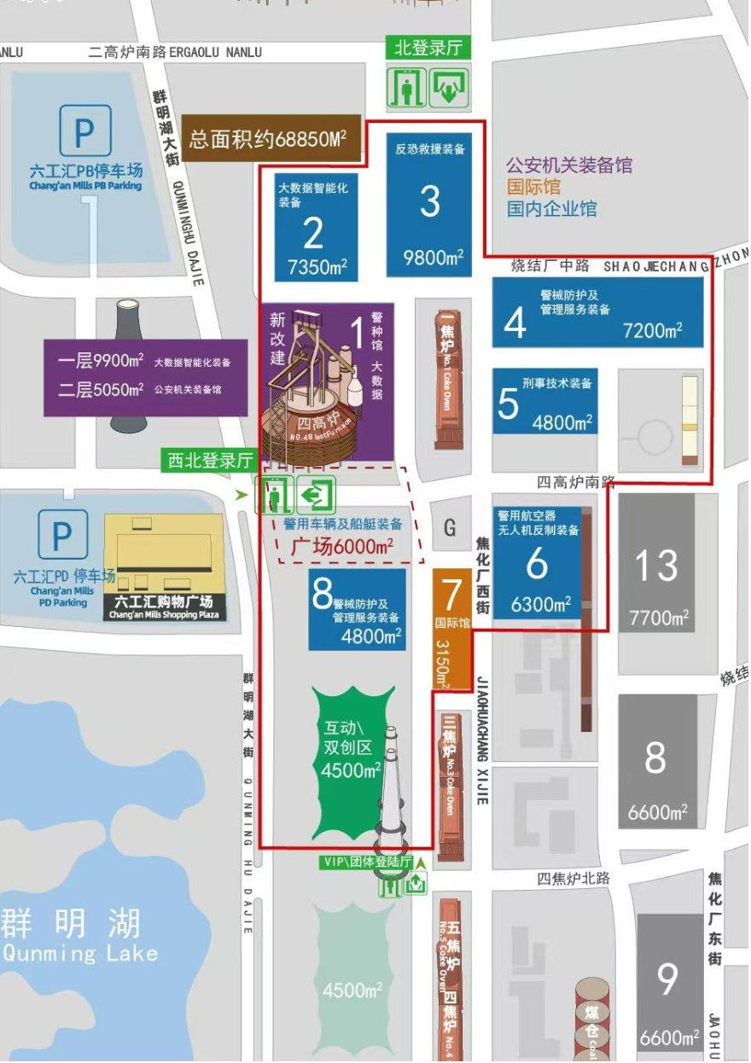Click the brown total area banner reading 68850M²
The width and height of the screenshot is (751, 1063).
coord(268,138)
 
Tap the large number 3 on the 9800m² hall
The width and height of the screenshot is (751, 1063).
coord(430,201)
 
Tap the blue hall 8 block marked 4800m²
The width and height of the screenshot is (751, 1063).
coord(358,609)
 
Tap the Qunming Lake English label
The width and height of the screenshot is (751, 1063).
coord(81,953)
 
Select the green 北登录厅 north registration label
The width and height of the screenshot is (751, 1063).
coord(428,48)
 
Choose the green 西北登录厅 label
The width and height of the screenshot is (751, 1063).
coord(211,462)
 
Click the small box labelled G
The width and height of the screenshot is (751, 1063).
coord(450,528)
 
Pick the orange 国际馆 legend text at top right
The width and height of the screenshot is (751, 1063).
coord(533,187)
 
